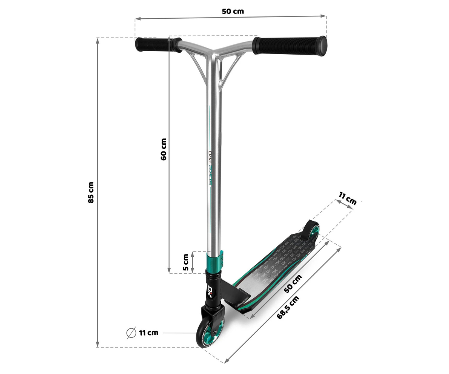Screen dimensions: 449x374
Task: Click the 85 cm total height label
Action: coord(91,192)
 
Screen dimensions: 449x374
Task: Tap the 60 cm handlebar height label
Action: coord(164,149)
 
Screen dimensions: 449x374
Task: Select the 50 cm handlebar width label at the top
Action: coord(233,11)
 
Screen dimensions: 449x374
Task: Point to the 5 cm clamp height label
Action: coord(186,262)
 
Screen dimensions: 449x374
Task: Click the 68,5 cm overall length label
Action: coord(288,307)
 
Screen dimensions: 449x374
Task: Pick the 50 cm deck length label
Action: coord(293,284)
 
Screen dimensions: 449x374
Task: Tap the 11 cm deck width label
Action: coord(348,198)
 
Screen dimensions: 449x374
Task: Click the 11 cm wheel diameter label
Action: coord(149,333)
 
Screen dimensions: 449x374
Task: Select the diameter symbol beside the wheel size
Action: coord(131,333)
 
